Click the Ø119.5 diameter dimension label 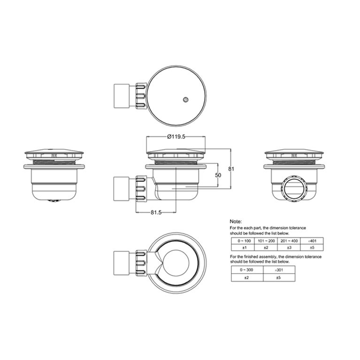click(x=176, y=137)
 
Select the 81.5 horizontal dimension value click(x=156, y=213)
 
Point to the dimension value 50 click(x=217, y=175)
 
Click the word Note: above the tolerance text click(x=236, y=221)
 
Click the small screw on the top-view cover click(x=186, y=99)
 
